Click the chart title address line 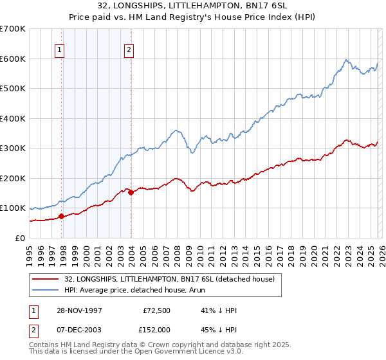tap(192, 6)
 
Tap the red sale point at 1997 tap(62, 217)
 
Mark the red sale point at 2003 tap(131, 192)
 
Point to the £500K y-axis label tap(13, 89)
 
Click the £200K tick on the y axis tap(13, 178)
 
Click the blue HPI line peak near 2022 tap(346, 60)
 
